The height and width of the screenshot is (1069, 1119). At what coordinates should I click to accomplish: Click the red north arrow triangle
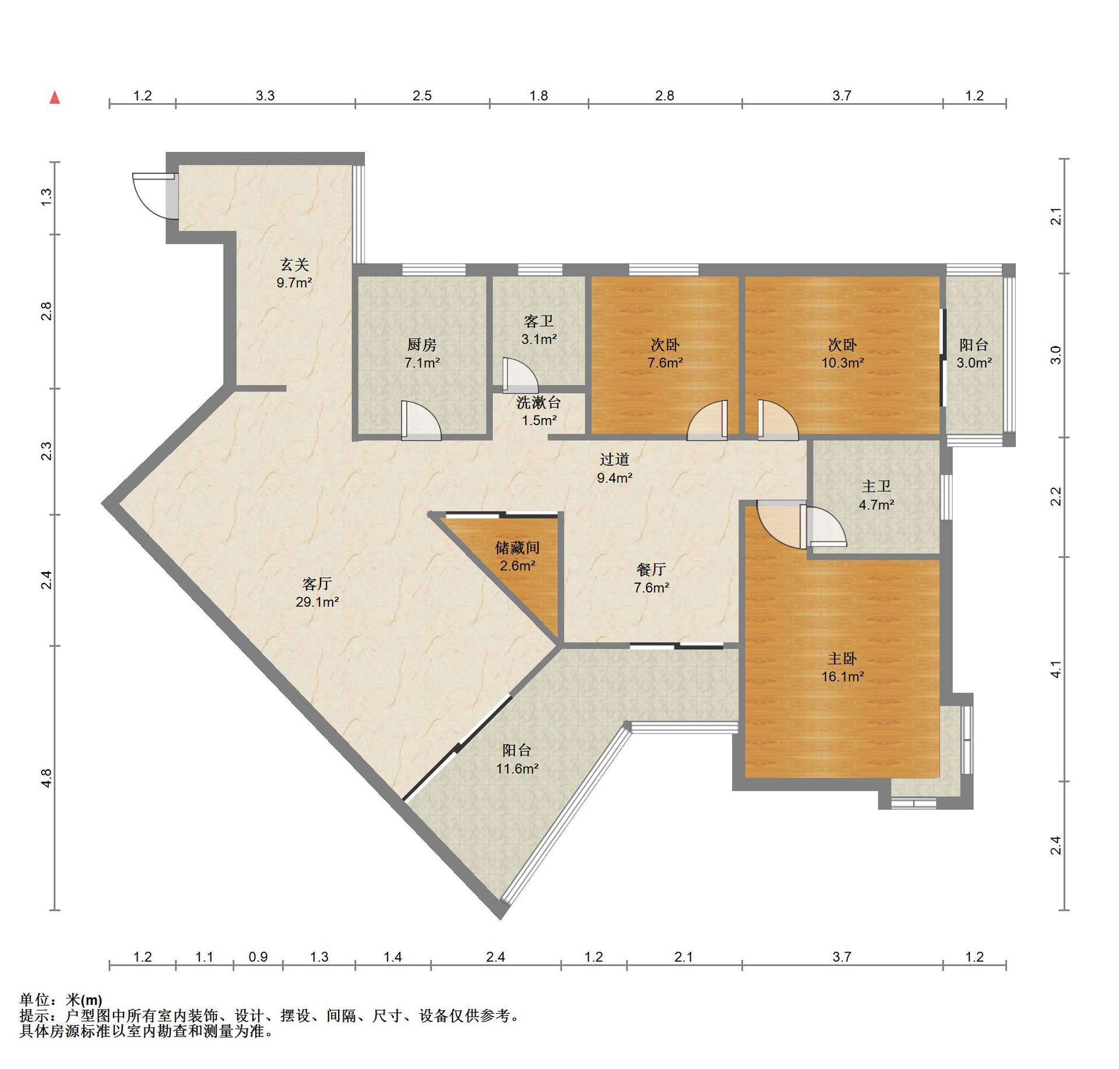point(55,97)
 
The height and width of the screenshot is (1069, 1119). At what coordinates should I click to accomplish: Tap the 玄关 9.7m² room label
point(294,274)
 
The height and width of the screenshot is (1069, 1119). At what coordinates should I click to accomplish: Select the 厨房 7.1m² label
point(422,354)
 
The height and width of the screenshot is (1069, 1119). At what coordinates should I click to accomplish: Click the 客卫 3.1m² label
point(539,330)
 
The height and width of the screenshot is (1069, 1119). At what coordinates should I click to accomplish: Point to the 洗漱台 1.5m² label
point(539,411)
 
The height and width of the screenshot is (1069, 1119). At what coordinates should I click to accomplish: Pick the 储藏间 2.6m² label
point(518,556)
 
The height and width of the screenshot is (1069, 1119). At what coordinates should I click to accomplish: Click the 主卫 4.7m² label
point(877,495)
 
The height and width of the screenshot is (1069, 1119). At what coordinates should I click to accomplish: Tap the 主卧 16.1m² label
point(843,667)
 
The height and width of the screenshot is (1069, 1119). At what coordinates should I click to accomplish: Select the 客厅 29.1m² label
point(317,592)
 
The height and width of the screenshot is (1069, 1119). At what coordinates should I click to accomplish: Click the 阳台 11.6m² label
point(517,759)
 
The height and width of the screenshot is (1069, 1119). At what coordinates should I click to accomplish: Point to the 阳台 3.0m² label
point(974,354)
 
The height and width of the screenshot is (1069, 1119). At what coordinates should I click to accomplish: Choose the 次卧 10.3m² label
point(843,354)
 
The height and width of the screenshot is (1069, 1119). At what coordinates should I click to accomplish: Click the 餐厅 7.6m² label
point(652,578)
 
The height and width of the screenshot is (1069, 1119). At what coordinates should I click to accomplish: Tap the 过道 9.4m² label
point(615,468)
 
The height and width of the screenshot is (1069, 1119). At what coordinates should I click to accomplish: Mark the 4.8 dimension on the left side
point(47,778)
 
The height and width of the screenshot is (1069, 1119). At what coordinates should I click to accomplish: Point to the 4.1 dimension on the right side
point(1055,669)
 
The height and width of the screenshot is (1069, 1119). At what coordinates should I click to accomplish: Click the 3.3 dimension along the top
point(265,96)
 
